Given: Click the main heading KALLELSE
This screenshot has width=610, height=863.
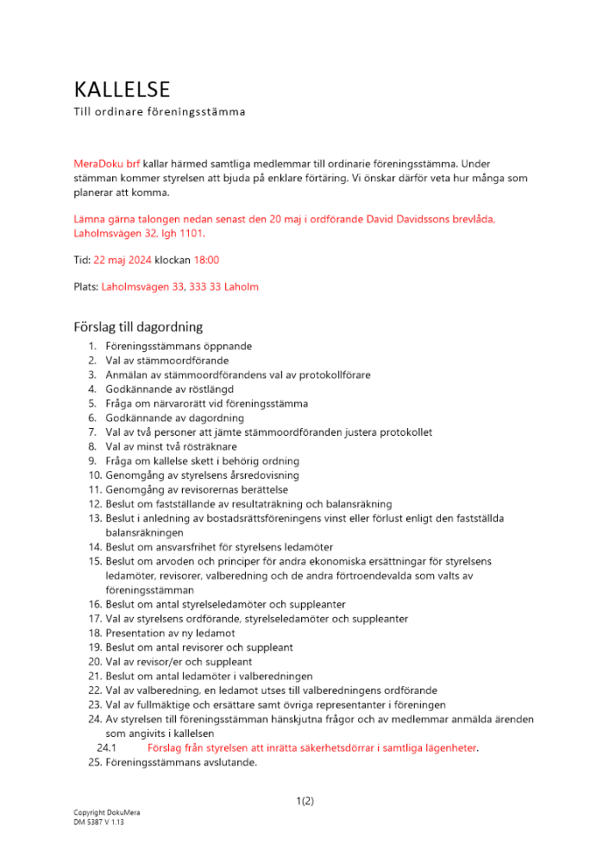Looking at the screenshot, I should pyautogui.click(x=122, y=90).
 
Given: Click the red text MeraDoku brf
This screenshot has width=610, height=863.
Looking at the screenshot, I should pyautogui.click(x=106, y=162).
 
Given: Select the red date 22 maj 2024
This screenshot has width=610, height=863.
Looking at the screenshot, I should pyautogui.click(x=122, y=260).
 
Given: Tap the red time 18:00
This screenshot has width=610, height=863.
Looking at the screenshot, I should pyautogui.click(x=206, y=260).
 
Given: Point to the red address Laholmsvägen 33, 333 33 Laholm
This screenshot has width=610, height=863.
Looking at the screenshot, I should pyautogui.click(x=179, y=287).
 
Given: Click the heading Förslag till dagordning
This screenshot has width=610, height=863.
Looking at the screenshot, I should pyautogui.click(x=138, y=327).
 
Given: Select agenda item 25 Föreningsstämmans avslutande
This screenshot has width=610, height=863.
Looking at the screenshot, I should pyautogui.click(x=181, y=763).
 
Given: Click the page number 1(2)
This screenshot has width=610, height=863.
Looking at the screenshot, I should pyautogui.click(x=305, y=801).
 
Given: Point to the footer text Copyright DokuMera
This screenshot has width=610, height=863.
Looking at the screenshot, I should pyautogui.click(x=106, y=813).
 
